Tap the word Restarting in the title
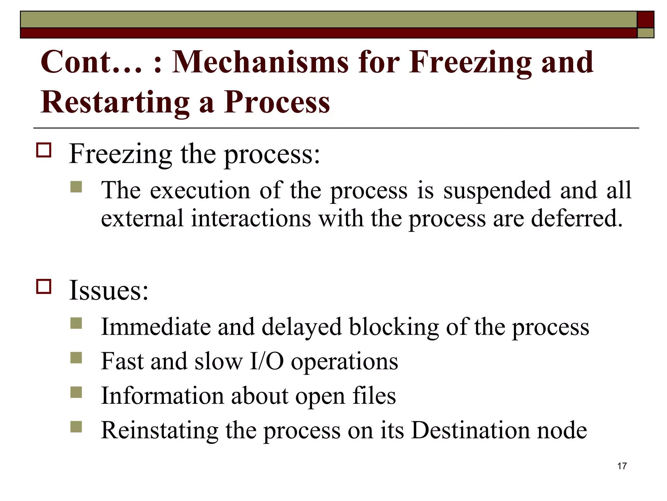pos(115,102)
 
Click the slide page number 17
pos(622,466)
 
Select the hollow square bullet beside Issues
pos(44,287)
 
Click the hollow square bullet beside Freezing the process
pos(44,150)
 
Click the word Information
pos(162,396)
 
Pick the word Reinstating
pos(160,431)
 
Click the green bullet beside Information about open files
pos(76,392)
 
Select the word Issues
pos(108,290)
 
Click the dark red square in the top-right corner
pos(645,20)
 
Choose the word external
pos(142,218)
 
